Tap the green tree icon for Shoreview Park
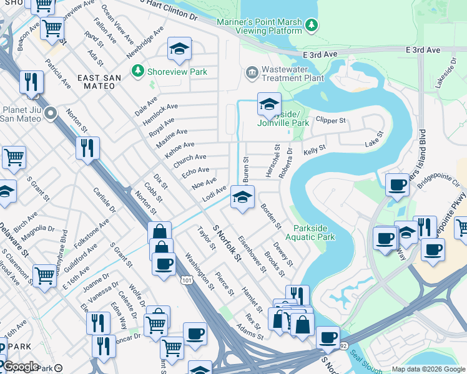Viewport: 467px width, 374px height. [x=137, y=72]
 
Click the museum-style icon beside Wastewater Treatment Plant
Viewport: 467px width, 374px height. [x=252, y=73]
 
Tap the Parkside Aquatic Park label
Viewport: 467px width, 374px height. [x=310, y=232]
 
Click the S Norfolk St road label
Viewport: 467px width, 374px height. [x=227, y=244]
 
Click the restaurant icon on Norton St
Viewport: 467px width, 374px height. [x=87, y=148]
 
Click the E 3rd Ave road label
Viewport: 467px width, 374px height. [x=424, y=49]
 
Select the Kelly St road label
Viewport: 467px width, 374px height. [x=315, y=151]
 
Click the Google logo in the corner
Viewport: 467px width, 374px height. [x=21, y=367]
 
